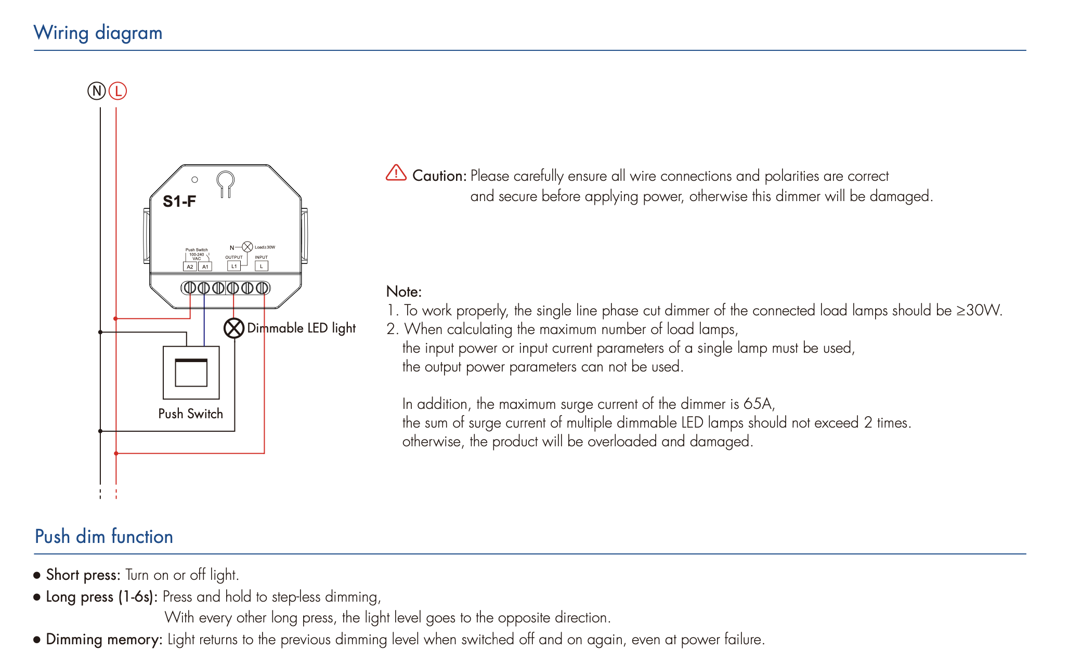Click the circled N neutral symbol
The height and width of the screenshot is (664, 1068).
[96, 91]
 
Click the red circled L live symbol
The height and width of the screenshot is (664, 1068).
[118, 91]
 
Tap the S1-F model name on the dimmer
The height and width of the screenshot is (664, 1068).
[179, 201]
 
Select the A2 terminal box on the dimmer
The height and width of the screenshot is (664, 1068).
[190, 267]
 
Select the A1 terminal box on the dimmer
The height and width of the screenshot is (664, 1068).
[205, 267]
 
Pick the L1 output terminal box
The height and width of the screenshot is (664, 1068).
[234, 266]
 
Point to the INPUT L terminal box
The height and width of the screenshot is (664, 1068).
[262, 266]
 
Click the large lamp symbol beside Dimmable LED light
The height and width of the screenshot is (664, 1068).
[234, 328]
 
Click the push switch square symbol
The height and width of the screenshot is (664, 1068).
[191, 373]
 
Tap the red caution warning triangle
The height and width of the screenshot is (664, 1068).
[396, 173]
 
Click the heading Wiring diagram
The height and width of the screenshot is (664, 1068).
[98, 33]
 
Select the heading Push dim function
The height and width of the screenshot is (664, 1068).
[104, 536]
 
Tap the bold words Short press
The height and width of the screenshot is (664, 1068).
[83, 575]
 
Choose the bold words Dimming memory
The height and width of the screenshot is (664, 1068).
[105, 639]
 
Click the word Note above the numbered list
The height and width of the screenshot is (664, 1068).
[403, 291]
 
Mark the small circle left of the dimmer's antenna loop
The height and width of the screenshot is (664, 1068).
[194, 180]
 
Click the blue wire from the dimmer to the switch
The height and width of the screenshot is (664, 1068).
[204, 322]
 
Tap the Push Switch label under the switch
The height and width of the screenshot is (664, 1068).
[190, 414]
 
